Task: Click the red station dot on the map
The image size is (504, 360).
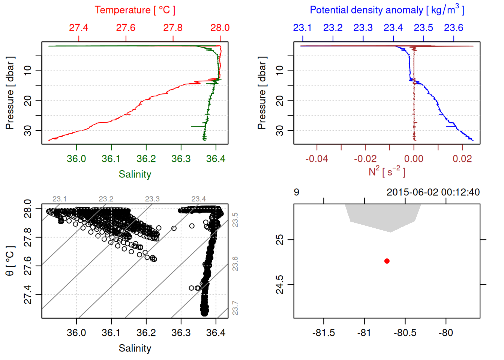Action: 387,261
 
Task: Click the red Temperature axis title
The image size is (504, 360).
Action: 135,10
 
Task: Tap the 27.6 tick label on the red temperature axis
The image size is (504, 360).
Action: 126,28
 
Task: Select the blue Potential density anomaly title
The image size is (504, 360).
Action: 387,10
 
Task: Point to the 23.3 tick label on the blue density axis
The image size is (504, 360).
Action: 363,28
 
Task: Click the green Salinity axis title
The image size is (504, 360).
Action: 135,174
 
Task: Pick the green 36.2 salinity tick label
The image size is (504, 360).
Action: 146,159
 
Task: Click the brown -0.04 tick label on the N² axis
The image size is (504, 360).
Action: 316,159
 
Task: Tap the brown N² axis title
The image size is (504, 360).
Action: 387,171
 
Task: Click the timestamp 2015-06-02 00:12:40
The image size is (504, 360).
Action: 433,192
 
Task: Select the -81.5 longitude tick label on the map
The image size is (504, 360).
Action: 323,333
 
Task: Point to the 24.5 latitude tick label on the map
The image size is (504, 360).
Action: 280,285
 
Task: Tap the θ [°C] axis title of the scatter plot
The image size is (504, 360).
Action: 10,261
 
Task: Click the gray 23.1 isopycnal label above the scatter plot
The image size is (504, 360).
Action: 59,199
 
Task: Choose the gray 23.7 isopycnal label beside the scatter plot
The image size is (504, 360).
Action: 235,308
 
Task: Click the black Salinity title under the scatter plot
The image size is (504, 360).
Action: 135,348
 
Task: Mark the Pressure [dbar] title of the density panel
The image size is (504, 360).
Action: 262,93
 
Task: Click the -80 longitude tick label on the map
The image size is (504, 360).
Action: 445,333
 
